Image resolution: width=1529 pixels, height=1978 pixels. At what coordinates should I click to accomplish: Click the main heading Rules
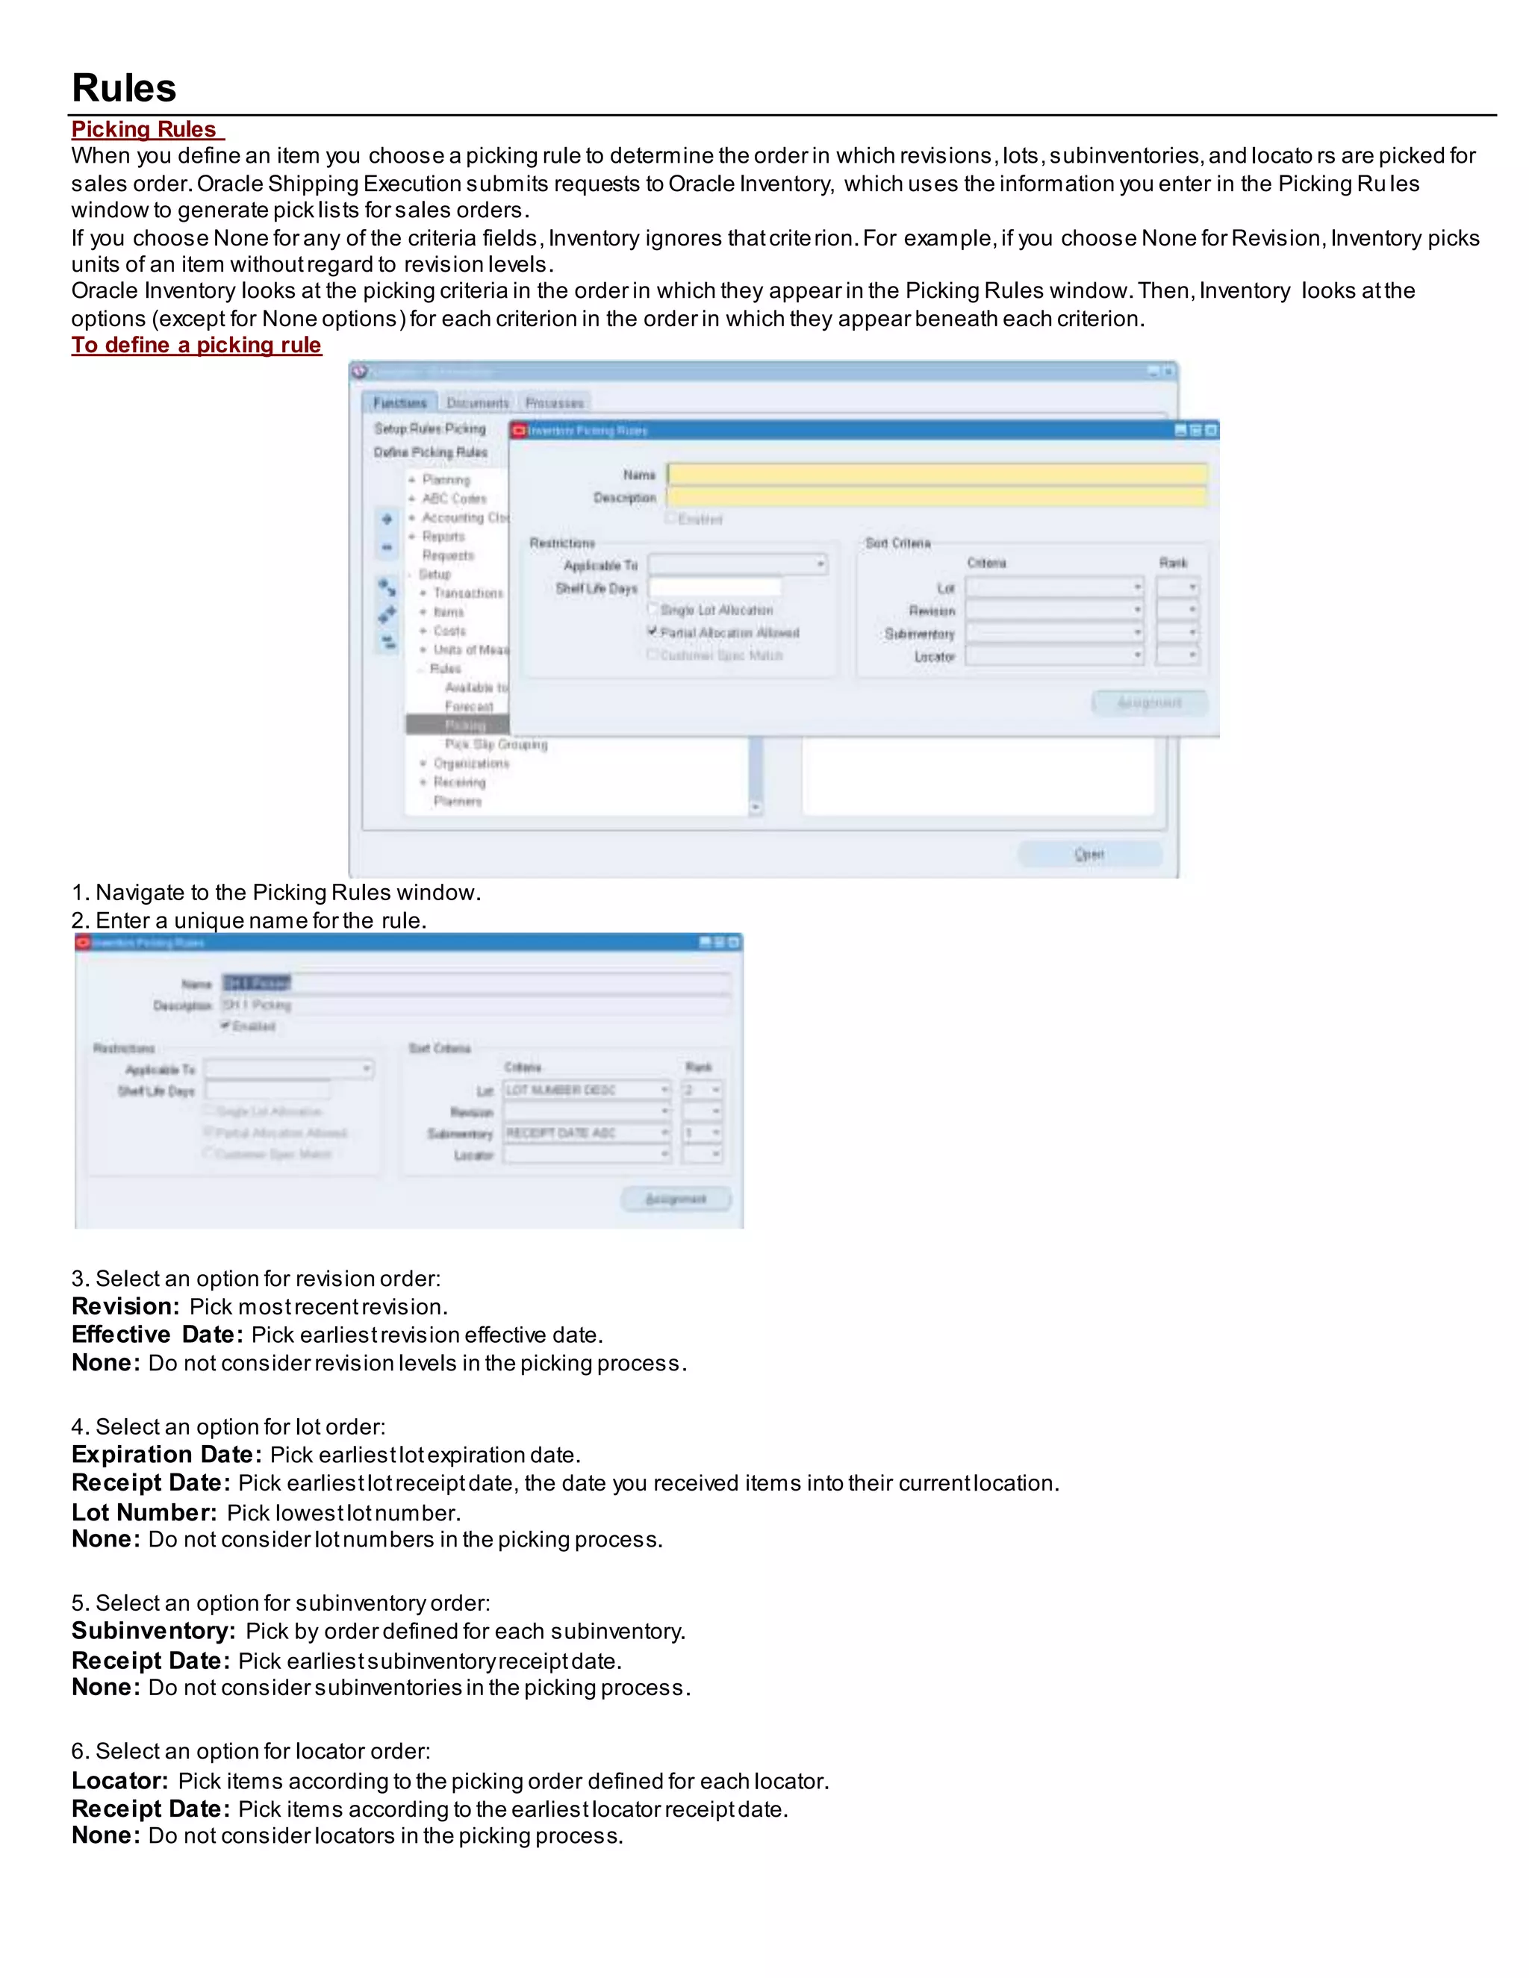(124, 89)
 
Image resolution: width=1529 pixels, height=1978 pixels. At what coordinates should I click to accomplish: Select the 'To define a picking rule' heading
(196, 345)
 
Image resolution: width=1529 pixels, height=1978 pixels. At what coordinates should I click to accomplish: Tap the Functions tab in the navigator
(399, 403)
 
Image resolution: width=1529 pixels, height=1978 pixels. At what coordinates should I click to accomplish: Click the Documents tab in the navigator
(477, 403)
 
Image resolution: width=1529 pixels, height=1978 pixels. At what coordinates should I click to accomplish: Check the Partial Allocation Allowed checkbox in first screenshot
(653, 631)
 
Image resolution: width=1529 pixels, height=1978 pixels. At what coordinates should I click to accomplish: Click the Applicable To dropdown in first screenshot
(738, 564)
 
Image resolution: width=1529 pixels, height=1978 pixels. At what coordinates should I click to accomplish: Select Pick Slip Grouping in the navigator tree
(496, 744)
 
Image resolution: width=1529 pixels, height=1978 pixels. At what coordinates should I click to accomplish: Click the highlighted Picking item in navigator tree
(464, 726)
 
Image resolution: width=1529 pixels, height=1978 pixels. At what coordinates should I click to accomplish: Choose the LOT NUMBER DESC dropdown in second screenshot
(586, 1090)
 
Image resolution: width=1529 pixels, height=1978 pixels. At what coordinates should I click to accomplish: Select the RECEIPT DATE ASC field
(586, 1133)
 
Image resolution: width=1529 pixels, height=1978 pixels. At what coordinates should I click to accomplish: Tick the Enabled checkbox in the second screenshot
(225, 1026)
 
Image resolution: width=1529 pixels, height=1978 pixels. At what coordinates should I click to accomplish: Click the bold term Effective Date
(157, 1335)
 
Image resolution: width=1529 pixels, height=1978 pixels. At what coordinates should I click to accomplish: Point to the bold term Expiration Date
(166, 1455)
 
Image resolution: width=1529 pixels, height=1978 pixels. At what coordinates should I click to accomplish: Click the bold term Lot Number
(144, 1512)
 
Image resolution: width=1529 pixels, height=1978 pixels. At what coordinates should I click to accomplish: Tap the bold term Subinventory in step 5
(153, 1631)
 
